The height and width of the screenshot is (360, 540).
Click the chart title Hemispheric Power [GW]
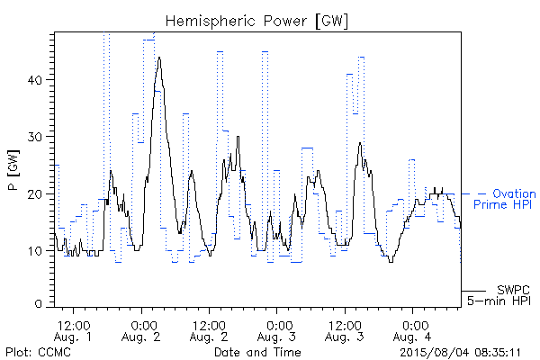click(256, 21)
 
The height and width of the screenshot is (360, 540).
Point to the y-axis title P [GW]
click(13, 170)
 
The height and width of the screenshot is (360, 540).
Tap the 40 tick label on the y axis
click(34, 80)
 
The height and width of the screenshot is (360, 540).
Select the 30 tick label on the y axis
click(34, 137)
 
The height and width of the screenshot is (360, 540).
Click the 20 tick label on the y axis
click(34, 194)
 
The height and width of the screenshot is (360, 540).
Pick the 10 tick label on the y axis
click(35, 251)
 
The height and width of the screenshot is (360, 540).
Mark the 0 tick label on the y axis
click(38, 304)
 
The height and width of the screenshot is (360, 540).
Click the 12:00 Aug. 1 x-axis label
click(74, 331)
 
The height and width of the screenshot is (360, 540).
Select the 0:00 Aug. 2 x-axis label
click(141, 331)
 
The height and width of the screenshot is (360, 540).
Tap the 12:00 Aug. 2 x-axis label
click(209, 331)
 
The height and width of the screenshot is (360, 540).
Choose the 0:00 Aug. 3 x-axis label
click(276, 331)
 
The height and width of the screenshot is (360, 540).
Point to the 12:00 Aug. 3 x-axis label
click(345, 331)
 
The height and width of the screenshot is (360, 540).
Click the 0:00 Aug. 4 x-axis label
click(412, 331)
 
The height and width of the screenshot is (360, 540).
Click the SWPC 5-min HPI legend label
click(499, 295)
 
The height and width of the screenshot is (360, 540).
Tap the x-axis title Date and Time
click(257, 352)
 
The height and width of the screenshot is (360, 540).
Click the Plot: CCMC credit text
click(38, 352)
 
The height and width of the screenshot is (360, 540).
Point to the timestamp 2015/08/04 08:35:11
click(460, 353)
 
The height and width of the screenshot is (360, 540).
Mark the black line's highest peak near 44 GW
click(159, 58)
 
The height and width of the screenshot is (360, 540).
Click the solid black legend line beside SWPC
click(473, 291)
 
